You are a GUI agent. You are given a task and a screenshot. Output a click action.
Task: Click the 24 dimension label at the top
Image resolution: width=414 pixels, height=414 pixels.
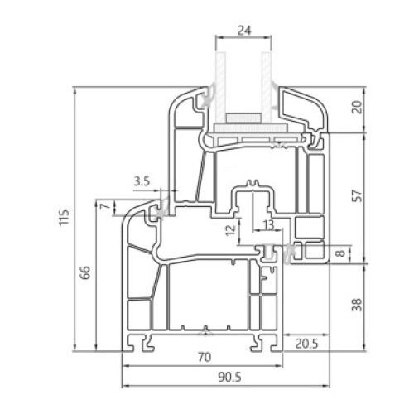(244, 31)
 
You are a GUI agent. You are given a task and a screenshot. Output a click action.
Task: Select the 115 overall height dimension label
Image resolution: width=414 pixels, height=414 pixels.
(64, 218)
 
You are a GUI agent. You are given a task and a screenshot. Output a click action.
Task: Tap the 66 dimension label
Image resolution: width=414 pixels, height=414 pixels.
(86, 272)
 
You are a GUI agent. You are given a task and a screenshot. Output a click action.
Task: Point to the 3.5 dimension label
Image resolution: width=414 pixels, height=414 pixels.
(142, 181)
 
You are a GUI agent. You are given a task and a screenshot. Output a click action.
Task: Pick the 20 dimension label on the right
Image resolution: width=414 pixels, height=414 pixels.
(358, 108)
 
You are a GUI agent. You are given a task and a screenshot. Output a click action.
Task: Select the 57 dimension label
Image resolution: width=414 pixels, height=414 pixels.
(358, 195)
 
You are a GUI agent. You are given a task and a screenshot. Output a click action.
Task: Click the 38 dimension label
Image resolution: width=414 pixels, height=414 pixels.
(357, 305)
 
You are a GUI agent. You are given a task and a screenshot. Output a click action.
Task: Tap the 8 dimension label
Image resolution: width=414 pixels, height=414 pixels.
(342, 253)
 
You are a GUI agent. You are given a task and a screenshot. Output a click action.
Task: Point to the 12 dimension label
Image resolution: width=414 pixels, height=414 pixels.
(231, 230)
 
